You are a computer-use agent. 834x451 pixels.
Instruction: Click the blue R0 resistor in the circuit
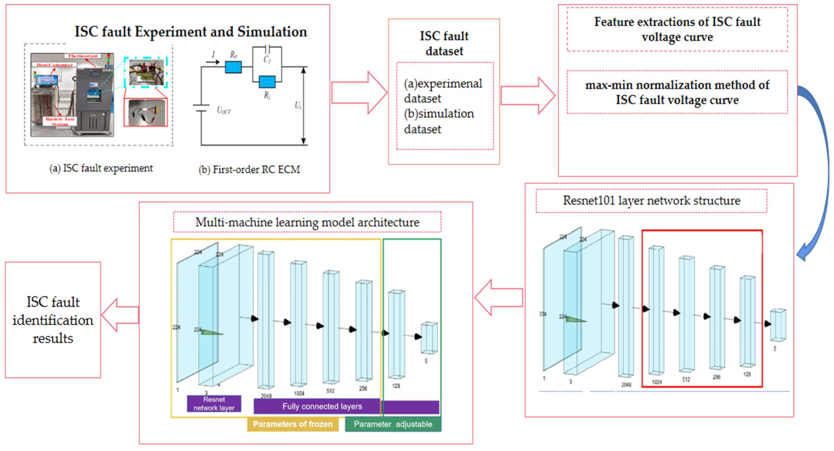pyautogui.click(x=233, y=67)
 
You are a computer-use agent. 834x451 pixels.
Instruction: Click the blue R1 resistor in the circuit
pyautogui.click(x=267, y=82)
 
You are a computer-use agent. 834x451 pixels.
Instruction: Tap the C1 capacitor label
pyautogui.click(x=267, y=59)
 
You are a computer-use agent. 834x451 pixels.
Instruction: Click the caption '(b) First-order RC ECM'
pyautogui.click(x=249, y=169)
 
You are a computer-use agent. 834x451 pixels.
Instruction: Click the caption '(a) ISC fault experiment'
pyautogui.click(x=101, y=168)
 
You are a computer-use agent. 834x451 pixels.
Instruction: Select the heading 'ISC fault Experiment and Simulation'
pyautogui.click(x=191, y=32)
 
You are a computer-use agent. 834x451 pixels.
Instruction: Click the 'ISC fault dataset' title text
pyautogui.click(x=444, y=43)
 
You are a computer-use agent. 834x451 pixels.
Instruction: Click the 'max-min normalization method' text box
pyautogui.click(x=677, y=92)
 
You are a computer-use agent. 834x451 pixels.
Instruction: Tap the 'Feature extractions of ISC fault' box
pyautogui.click(x=677, y=29)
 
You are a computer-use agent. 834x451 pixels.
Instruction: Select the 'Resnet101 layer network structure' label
pyautogui.click(x=651, y=200)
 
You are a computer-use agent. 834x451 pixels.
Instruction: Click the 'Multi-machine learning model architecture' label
pyautogui.click(x=307, y=222)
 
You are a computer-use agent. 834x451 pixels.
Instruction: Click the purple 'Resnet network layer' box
pyautogui.click(x=214, y=404)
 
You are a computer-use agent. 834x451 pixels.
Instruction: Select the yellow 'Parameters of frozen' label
pyautogui.click(x=293, y=424)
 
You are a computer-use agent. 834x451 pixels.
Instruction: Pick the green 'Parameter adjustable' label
pyautogui.click(x=393, y=424)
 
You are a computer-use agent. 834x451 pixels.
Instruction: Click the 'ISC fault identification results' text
pyautogui.click(x=53, y=320)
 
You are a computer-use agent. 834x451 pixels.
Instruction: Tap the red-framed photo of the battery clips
pyautogui.click(x=146, y=112)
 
